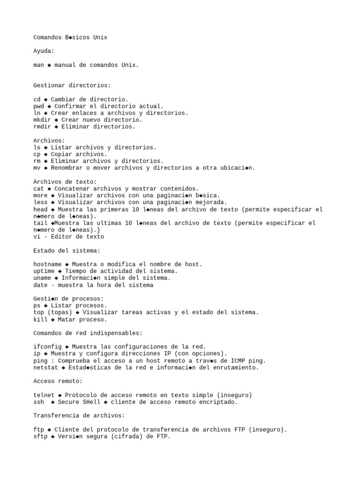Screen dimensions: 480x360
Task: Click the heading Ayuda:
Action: pyautogui.click(x=44, y=51)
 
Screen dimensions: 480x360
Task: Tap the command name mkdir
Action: pyautogui.click(x=42, y=120)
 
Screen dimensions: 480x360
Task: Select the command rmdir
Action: pyautogui.click(x=42, y=127)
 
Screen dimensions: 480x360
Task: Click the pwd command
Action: pyautogui.click(x=39, y=106)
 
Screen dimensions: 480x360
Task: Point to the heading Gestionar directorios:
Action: pyautogui.click(x=72, y=85)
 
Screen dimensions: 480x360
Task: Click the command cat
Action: pyautogui.click(x=39, y=188)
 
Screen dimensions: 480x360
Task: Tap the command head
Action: pyautogui.click(x=41, y=209)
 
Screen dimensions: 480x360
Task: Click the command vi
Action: pyautogui.click(x=37, y=237)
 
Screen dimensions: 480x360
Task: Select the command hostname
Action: pyautogui.click(x=48, y=264)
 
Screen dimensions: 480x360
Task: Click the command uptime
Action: pyautogui.click(x=44, y=271)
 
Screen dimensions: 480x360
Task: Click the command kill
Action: pyautogui.click(x=41, y=320)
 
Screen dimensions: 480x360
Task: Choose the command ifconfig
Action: pyautogui.click(x=48, y=346)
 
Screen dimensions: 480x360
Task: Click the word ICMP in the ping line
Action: pyautogui.click(x=237, y=360)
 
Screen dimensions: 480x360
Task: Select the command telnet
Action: pyautogui.click(x=44, y=395)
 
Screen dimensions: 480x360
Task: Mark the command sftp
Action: pyautogui.click(x=41, y=436)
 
